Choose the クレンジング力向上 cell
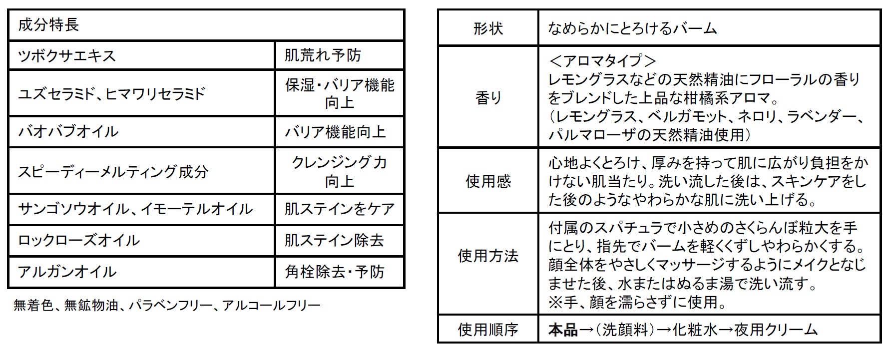tap(339, 171)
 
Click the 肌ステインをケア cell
tap(339, 209)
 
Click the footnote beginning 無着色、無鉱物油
tap(167, 305)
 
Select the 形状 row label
tap(488, 28)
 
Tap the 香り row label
tap(488, 98)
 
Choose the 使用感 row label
tap(488, 181)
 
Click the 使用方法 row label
tap(488, 256)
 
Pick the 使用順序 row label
tap(488, 330)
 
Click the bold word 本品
tap(563, 330)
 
